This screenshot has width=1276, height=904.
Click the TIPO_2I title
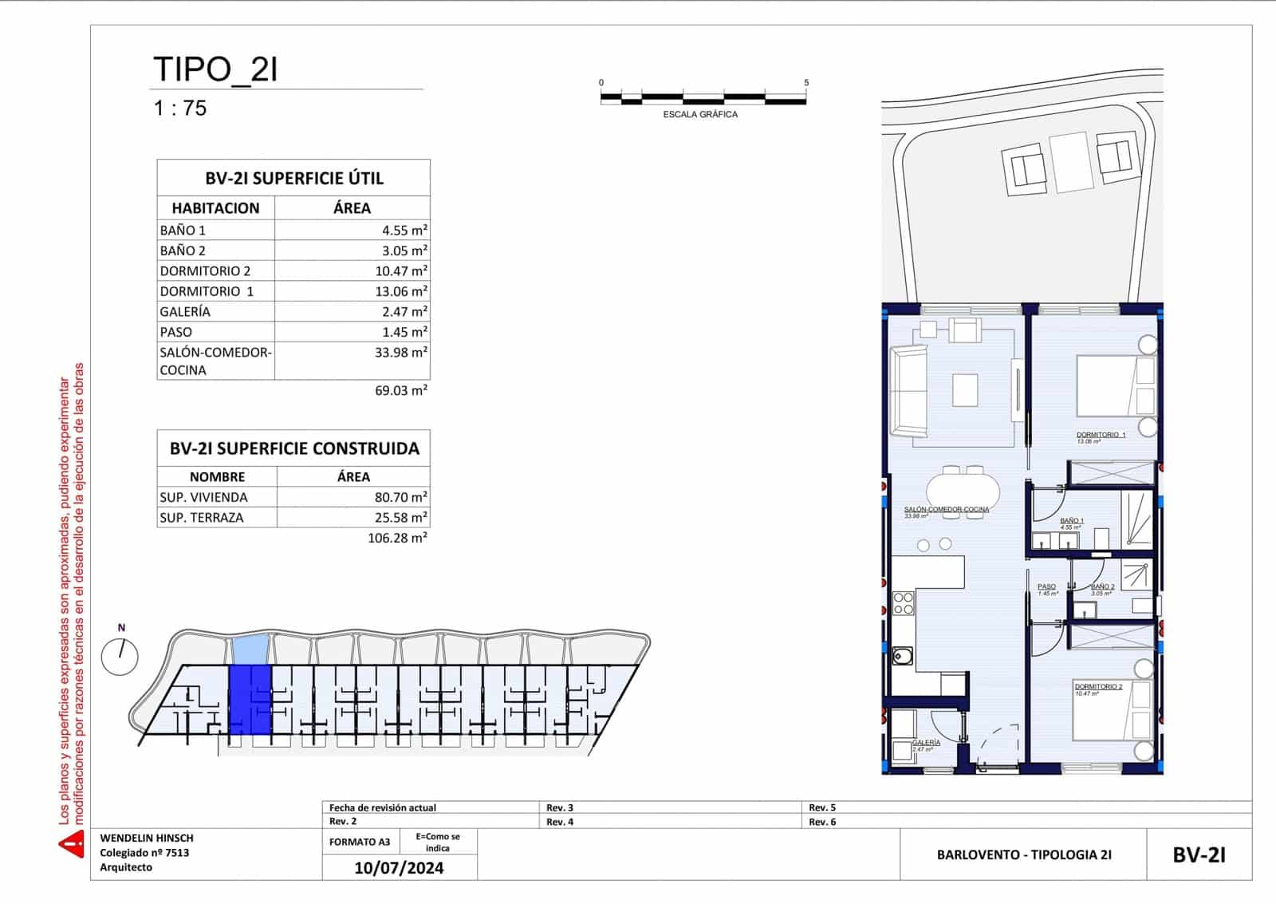coord(215,69)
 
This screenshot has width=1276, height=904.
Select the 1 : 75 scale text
coord(180,108)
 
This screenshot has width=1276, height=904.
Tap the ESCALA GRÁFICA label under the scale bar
coord(700,114)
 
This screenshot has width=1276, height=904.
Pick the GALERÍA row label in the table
coord(185,312)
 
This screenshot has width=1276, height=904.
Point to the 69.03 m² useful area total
coord(397,391)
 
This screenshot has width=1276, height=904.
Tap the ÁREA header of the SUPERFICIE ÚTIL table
coord(352,208)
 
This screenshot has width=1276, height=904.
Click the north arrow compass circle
coord(120,657)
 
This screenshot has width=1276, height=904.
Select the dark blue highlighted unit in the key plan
coord(250,699)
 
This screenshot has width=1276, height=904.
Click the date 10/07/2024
coord(399,868)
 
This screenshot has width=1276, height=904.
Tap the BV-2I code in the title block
coord(1199,855)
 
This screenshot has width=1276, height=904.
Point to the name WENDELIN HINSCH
coord(147,839)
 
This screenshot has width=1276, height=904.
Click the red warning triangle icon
coord(72,843)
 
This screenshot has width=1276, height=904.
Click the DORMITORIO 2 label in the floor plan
coord(1097,687)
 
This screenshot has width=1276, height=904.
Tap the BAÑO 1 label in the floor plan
coord(1071,521)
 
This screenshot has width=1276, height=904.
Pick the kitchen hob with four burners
coord(904,603)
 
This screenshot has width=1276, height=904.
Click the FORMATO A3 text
coord(360,842)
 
